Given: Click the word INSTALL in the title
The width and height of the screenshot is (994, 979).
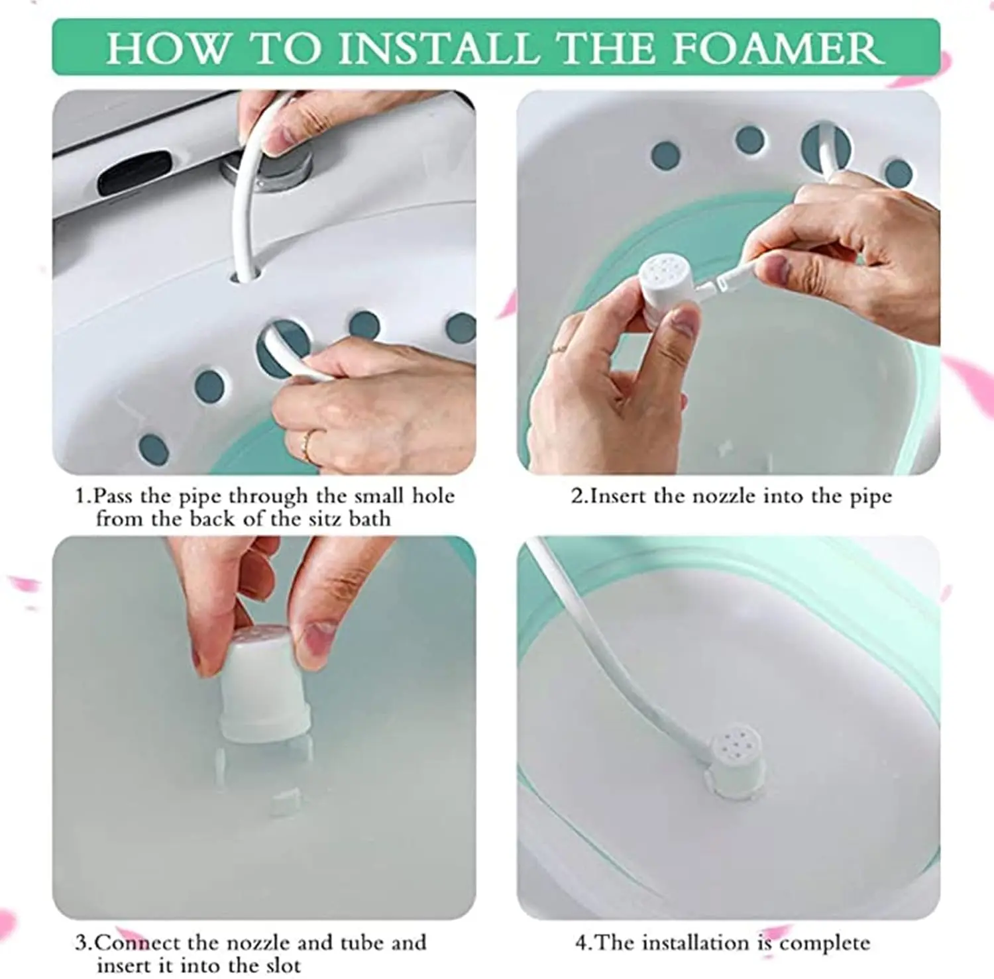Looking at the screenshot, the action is click(x=438, y=48).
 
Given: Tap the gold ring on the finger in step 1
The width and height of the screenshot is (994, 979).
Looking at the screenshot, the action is click(x=307, y=445).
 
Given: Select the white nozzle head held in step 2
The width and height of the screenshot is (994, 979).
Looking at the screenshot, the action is click(x=667, y=286).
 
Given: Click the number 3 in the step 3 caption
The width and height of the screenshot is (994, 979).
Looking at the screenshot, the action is click(x=81, y=942).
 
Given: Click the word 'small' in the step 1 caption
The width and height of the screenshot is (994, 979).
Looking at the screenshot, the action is click(x=380, y=495).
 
